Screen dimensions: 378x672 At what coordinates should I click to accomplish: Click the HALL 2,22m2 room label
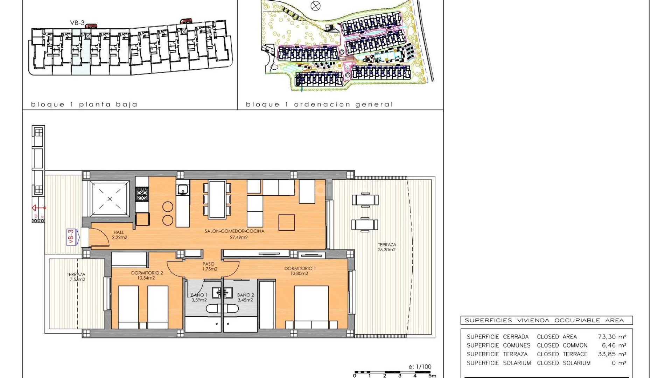(x=119, y=235)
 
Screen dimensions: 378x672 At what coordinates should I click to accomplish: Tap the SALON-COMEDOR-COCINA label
(x=234, y=234)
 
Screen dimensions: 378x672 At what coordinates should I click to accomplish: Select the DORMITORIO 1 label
(x=300, y=271)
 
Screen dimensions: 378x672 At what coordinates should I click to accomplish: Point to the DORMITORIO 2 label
(x=147, y=275)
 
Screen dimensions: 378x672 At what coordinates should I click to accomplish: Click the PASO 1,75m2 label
(x=209, y=266)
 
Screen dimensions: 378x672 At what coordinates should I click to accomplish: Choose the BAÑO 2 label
(x=245, y=297)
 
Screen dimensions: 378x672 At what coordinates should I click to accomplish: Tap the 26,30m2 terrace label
(x=387, y=247)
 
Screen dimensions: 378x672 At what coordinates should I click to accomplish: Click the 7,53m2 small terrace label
(x=76, y=277)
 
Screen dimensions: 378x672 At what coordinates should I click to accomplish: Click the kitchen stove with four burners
(x=142, y=194)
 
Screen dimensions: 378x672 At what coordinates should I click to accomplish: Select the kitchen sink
(x=183, y=189)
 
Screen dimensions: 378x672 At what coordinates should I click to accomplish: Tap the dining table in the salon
(x=217, y=199)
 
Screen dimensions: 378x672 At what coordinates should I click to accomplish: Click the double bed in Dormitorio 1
(x=311, y=307)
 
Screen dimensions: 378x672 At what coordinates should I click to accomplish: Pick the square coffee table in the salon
(x=287, y=222)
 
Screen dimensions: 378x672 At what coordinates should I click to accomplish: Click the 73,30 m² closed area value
(x=612, y=337)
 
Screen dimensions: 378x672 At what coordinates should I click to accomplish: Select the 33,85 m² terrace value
(x=612, y=354)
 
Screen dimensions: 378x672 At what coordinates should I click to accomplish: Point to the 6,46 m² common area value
(x=614, y=345)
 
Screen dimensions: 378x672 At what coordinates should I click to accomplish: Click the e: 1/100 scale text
(x=420, y=367)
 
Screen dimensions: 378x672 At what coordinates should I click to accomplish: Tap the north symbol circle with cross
(x=316, y=6)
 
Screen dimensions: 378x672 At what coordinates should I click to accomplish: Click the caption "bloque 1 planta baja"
(x=84, y=104)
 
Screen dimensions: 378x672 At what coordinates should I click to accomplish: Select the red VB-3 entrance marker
(x=71, y=236)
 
